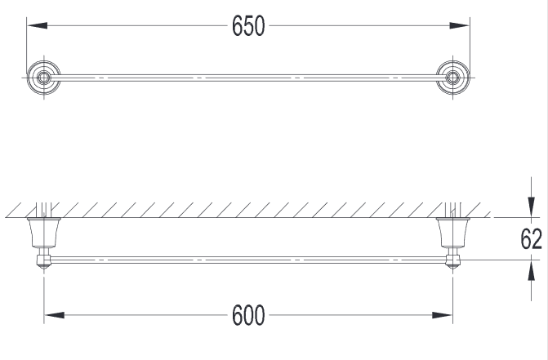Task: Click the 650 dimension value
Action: pos(248,27)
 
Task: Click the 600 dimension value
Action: pos(248,315)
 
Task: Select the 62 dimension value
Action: pos(532,239)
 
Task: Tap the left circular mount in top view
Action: pos(43,78)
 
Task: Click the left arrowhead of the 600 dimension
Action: pos(51,315)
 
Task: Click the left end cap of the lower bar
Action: pos(42,262)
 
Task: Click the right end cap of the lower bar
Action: pos(452,262)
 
